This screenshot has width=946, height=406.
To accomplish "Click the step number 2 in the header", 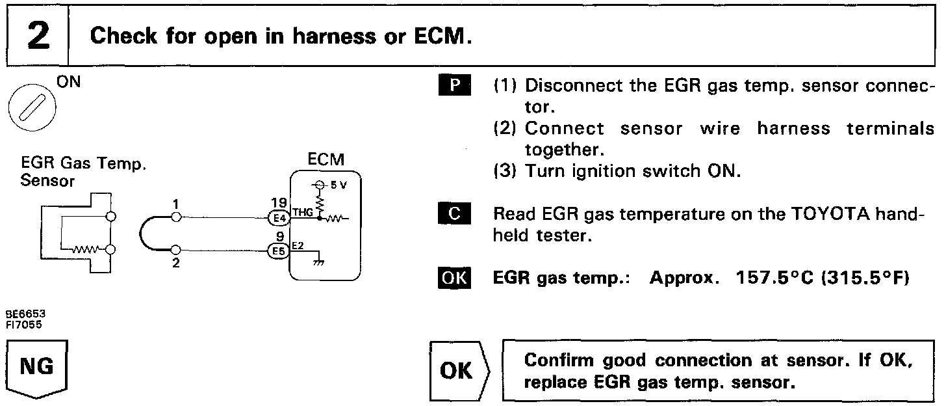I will point(38,36).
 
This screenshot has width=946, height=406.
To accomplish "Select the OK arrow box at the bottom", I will point(457,371).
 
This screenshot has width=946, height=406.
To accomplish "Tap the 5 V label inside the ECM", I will point(339,185).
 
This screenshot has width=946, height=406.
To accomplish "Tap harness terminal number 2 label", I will point(175,264).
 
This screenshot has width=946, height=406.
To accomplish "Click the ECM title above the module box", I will point(327,159).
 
